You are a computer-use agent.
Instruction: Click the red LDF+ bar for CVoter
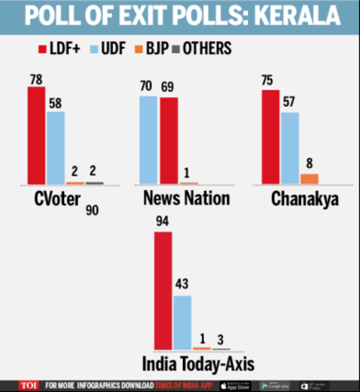36,135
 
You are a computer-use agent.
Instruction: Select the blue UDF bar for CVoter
55,147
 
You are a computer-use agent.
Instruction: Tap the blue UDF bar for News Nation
148,139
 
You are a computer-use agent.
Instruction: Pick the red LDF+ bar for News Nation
169,140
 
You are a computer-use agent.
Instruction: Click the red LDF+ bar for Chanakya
271,136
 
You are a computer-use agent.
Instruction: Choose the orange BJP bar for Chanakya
309,178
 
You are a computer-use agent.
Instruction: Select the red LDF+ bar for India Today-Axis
163,290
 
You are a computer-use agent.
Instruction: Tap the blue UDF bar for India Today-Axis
182,322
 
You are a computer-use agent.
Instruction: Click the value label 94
163,223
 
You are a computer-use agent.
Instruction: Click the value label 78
36,79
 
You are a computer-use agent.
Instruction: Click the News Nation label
186,198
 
